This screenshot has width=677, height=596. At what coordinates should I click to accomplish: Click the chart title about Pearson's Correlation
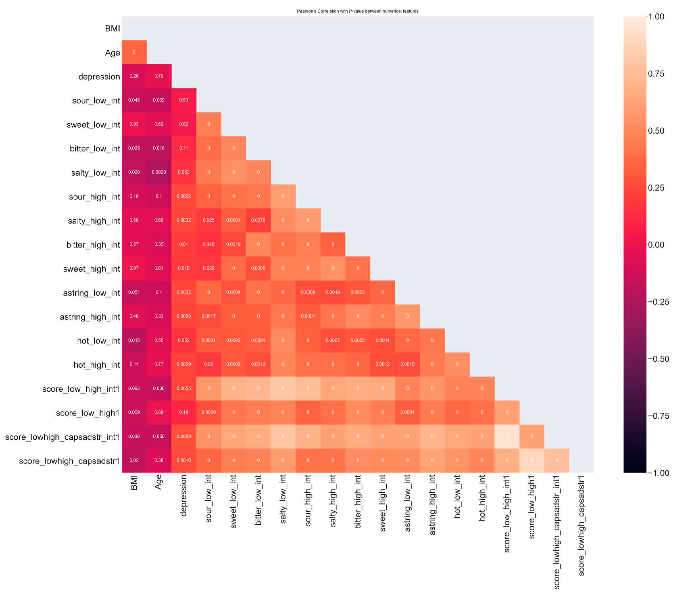357,11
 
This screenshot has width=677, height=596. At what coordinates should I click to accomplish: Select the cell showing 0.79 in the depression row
159,76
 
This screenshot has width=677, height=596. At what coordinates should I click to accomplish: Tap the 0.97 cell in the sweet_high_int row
134,268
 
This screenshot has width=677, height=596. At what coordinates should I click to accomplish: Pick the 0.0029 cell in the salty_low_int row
159,172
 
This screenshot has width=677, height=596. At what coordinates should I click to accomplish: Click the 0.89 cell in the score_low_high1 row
159,412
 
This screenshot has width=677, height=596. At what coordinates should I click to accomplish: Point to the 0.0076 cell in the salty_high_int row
258,220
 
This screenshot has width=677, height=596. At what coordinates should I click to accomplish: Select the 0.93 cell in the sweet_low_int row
134,124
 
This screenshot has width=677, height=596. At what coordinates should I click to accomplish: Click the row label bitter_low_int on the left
95,149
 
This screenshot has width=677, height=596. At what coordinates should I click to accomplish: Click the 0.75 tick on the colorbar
656,74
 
